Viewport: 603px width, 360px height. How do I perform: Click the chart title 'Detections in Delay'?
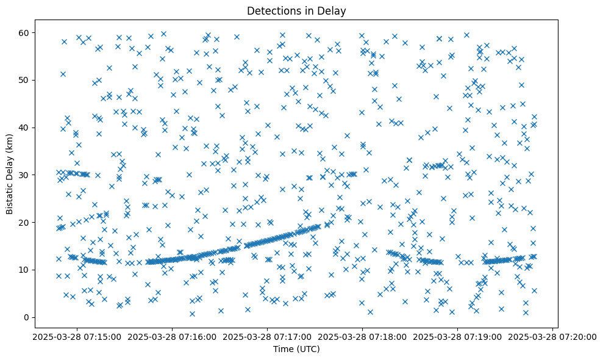pos(296,10)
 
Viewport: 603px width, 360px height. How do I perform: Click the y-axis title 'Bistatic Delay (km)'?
pos(10,165)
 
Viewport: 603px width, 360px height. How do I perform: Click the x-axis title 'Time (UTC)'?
pos(296,349)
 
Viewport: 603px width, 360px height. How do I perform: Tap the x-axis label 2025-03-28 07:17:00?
pos(266,336)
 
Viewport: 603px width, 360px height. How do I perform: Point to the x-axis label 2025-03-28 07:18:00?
pos(363,336)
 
